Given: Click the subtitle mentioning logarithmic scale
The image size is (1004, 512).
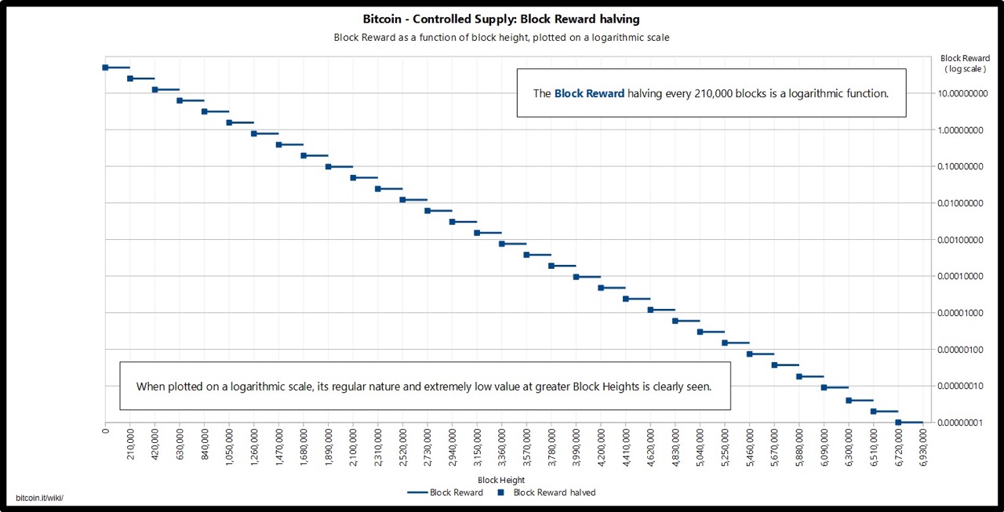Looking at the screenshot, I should (x=501, y=37).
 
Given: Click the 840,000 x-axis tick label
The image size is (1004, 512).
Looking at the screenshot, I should (x=205, y=450).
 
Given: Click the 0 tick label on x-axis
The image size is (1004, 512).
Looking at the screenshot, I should (x=105, y=432).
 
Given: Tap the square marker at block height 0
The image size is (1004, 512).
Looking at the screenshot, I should (x=105, y=67).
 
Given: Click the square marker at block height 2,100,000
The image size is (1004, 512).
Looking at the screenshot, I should (x=353, y=178).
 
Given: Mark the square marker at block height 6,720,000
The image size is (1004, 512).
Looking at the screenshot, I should (x=898, y=423).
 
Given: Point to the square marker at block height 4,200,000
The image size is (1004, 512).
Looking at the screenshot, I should (x=601, y=288).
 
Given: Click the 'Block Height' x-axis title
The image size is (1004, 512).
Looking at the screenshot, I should (x=501, y=480).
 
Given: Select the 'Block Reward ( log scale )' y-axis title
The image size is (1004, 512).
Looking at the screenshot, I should (x=965, y=64).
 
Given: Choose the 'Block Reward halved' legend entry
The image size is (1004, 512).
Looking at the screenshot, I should (x=554, y=492).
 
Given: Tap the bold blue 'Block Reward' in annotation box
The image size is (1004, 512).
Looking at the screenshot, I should (x=589, y=93).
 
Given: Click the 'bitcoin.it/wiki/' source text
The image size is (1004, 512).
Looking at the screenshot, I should (x=39, y=499).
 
